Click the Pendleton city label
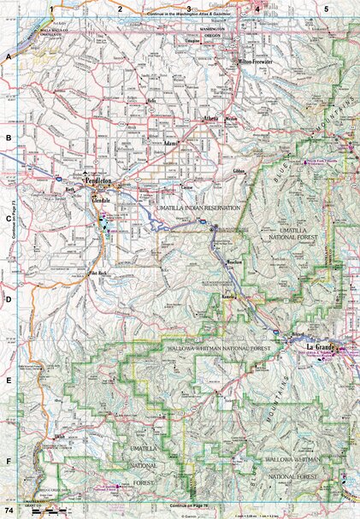pos(101,182)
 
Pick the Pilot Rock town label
pos(101,274)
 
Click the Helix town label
pos(153,101)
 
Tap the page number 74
pos(9,510)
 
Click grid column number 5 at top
pos(326,8)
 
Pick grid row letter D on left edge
pos(8,300)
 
